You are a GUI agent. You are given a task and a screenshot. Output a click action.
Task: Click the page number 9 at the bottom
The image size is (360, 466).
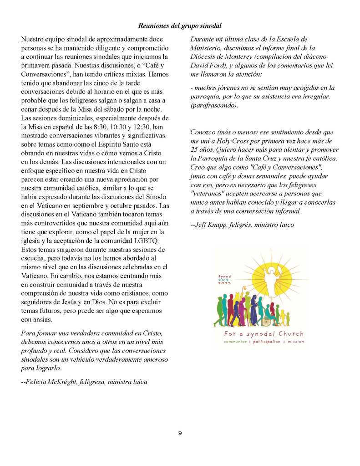pyautogui.click(x=180, y=433)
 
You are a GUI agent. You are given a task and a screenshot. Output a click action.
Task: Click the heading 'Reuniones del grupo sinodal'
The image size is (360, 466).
pyautogui.click(x=180, y=26)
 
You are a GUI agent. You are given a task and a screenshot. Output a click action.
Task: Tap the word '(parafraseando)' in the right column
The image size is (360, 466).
pyautogui.click(x=213, y=104)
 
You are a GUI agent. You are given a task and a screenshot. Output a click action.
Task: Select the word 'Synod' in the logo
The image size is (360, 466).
pyautogui.click(x=224, y=277)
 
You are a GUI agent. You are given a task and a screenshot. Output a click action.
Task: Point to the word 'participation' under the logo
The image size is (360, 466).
pyautogui.click(x=266, y=341)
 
